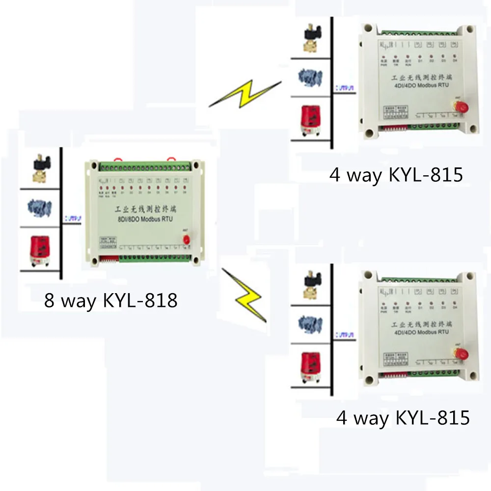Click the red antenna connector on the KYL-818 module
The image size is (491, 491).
pos(187,239)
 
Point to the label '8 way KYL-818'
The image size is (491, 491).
pos(110,300)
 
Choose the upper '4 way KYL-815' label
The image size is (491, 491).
pos(396,175)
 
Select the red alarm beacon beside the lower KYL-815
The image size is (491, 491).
pos(310,366)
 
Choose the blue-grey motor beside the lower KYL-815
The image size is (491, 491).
pos(311,324)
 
